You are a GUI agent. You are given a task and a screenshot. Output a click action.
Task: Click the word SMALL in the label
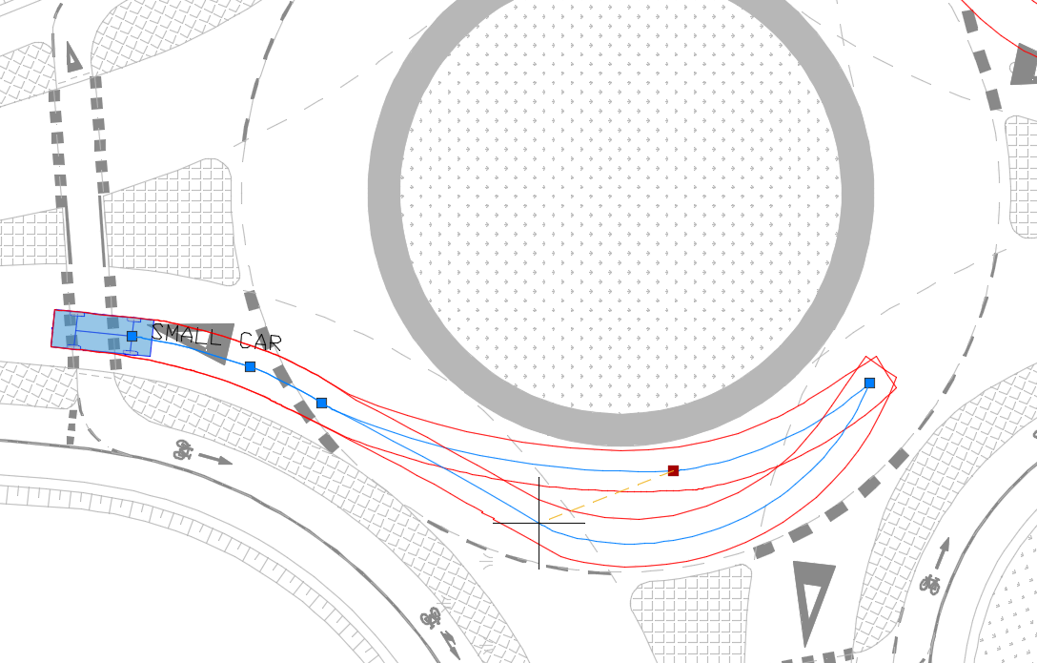pos(186,335)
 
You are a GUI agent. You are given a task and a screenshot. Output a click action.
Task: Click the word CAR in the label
pos(260,342)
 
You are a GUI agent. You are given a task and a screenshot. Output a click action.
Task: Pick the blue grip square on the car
pos(132,336)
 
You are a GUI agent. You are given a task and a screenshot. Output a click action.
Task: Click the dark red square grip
pos(673,470)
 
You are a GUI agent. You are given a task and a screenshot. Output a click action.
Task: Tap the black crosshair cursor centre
pos(539,523)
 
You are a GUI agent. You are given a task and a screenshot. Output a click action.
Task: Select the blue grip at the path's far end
pos(869,383)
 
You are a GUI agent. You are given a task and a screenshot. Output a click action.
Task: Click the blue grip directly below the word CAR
pos(250,366)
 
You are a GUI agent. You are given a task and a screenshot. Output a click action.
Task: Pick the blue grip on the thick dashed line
pos(321,403)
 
